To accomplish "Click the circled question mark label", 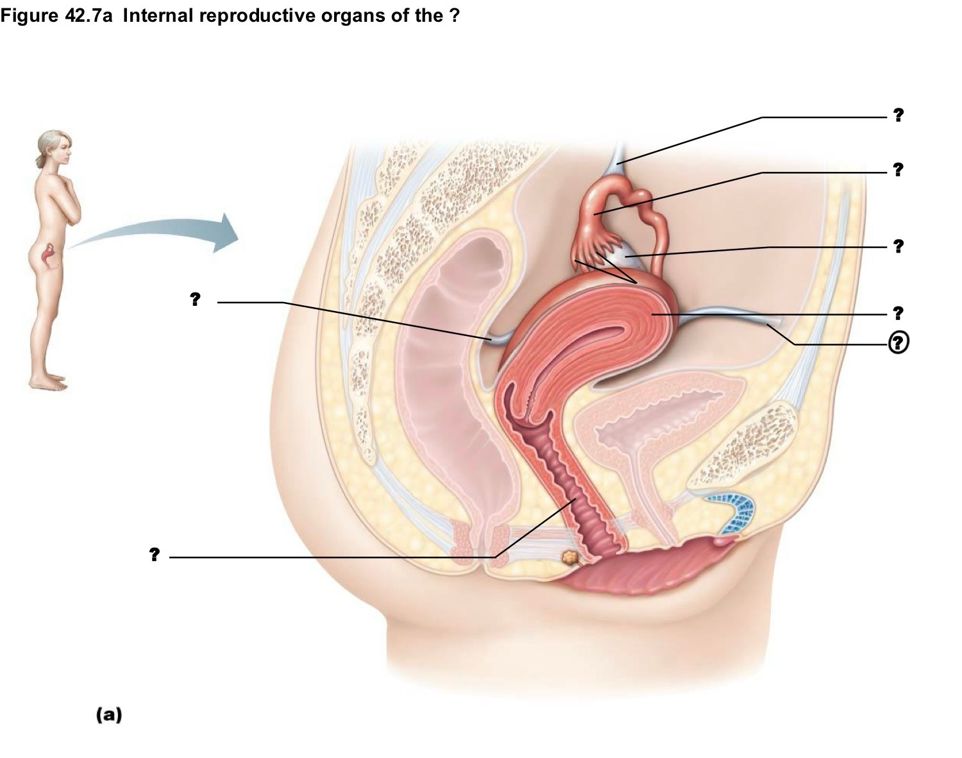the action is [898, 343].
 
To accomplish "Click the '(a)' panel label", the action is [109, 715].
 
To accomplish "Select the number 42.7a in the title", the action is [88, 15].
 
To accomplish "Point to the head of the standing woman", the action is [55, 147].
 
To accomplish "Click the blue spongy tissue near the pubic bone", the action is [734, 512].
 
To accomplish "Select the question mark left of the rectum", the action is [195, 299].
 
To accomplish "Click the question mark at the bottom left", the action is [154, 555].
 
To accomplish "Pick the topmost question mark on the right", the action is [898, 115].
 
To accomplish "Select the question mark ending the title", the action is [455, 15].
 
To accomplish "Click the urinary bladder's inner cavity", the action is [662, 424].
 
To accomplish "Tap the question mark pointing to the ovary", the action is [898, 246].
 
